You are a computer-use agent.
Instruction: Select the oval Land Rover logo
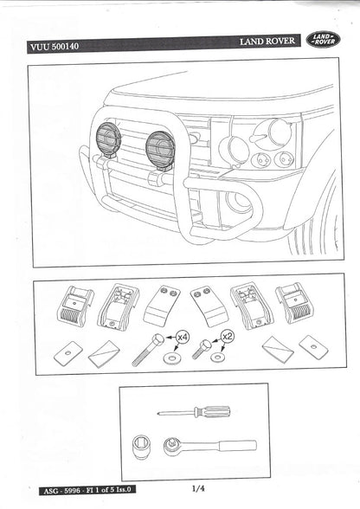(x=324, y=40)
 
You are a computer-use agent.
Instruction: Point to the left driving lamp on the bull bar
(x=109, y=139)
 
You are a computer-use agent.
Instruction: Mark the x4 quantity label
(x=183, y=335)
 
